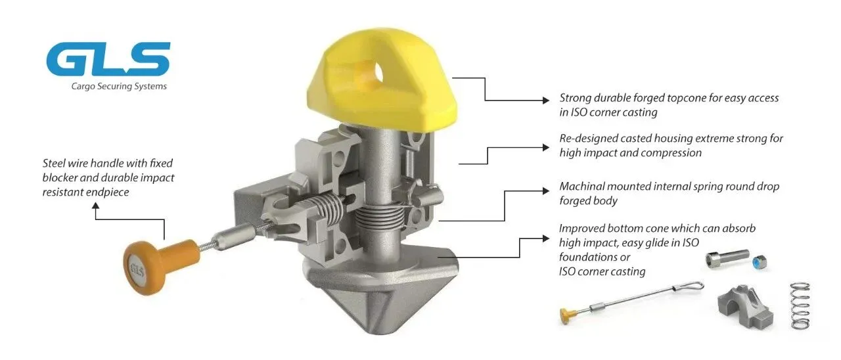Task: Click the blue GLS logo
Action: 108,59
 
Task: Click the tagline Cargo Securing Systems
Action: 119,86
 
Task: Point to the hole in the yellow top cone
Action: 377,73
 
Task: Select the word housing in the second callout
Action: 671,139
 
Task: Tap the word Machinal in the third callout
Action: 581,186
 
